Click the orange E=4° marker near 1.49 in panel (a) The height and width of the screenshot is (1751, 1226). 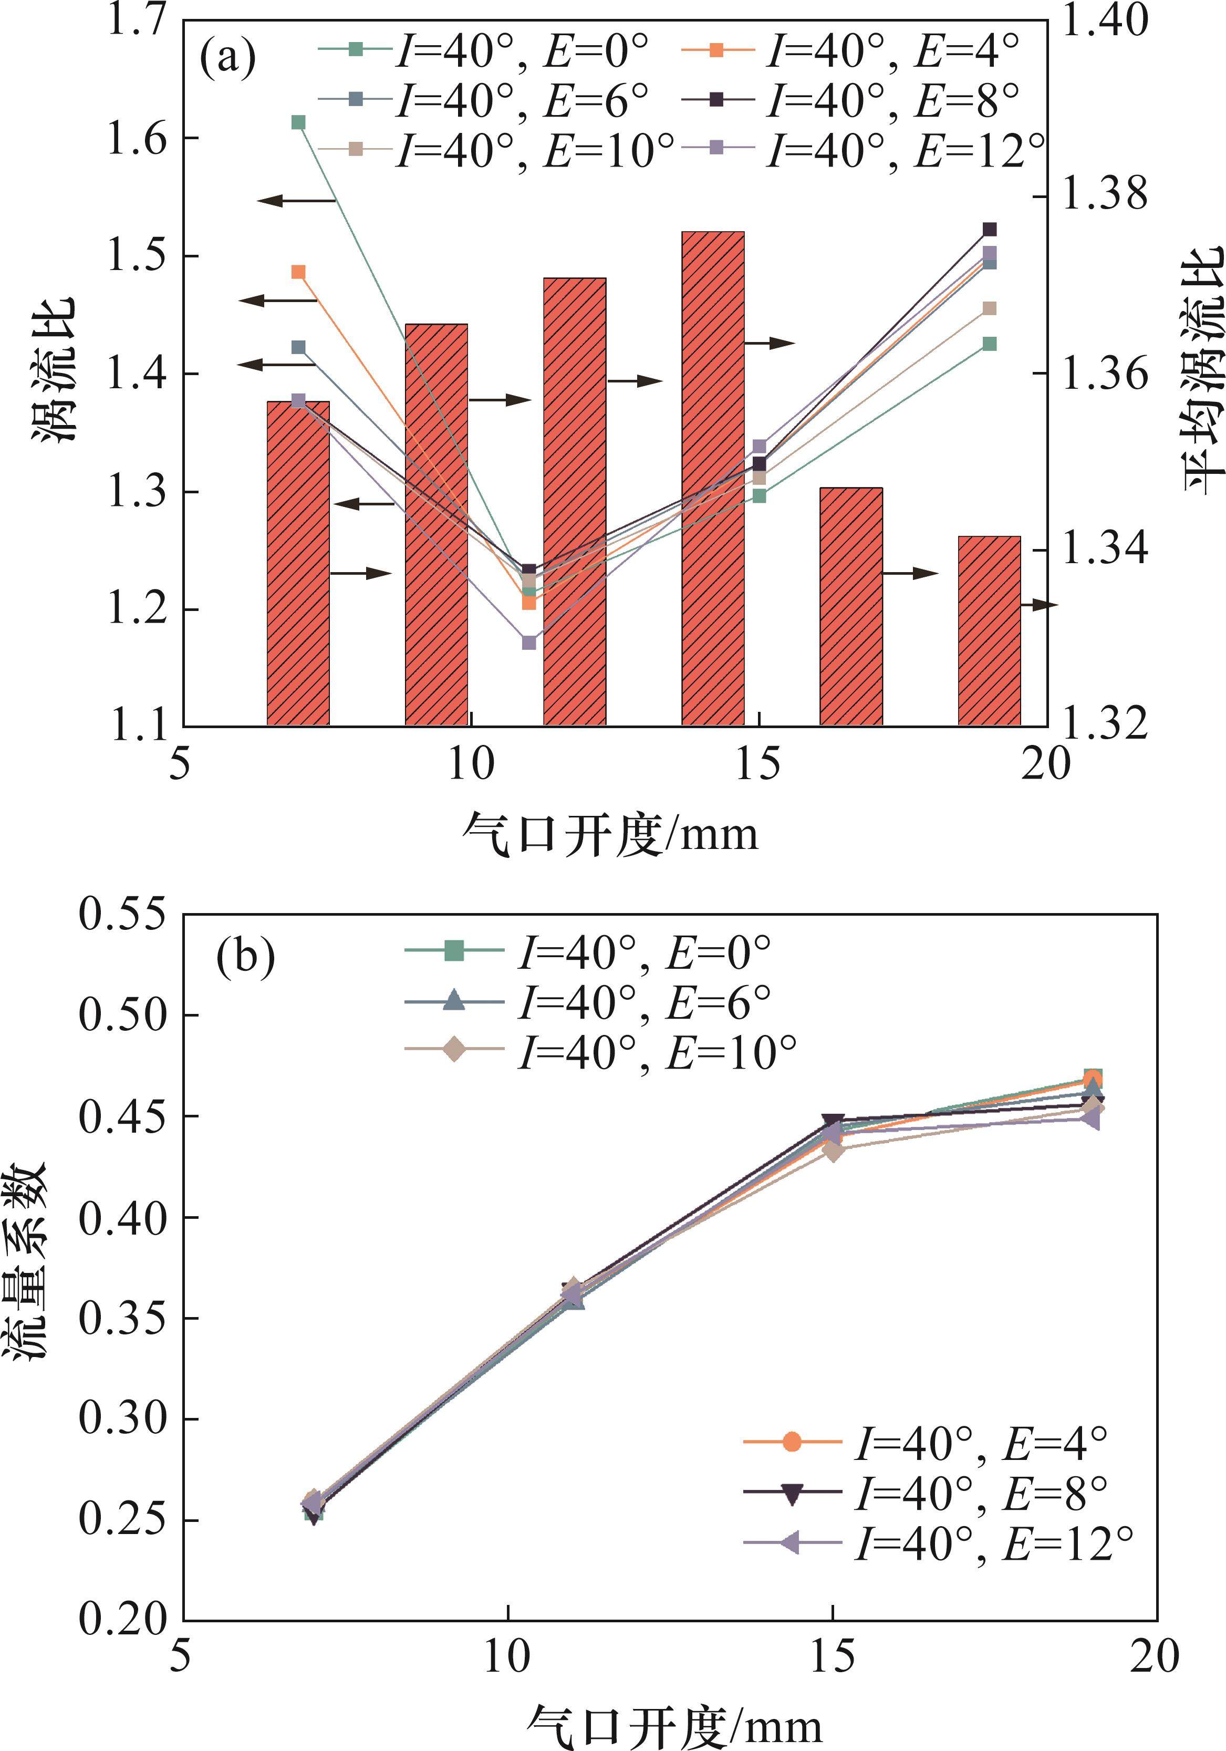[299, 272]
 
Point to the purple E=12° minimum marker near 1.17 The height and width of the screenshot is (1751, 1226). [529, 643]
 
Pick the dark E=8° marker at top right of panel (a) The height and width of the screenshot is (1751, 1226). [990, 230]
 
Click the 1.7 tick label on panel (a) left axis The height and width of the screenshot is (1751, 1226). [136, 20]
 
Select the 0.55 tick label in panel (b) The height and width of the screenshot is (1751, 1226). [122, 915]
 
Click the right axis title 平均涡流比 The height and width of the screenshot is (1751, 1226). [1202, 369]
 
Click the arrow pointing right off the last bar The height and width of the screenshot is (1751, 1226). [1040, 605]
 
